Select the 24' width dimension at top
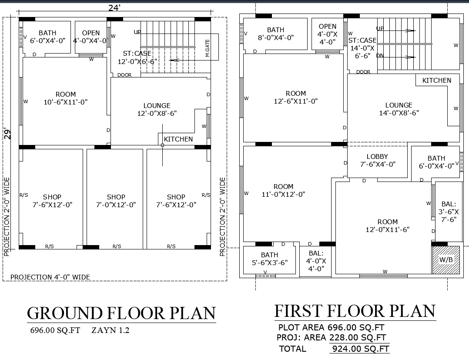pos(114,7)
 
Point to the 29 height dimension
pos(7,133)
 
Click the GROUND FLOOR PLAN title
pos(121,313)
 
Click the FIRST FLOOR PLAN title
pos(355,311)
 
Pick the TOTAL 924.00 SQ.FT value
pos(360,349)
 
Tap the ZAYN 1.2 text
pos(111,330)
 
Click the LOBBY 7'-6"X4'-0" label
pos(377,161)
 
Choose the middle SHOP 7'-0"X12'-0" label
pos(116,201)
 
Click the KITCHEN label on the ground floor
pos(178,139)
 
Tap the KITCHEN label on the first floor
pos(437,81)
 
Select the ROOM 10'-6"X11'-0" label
pos(66,98)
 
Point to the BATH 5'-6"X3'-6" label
pos(269,259)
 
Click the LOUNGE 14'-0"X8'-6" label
pos(399,109)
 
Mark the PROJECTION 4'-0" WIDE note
pos(50,277)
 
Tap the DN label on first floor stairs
pos(380,56)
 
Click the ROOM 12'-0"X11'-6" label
pos(387,226)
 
